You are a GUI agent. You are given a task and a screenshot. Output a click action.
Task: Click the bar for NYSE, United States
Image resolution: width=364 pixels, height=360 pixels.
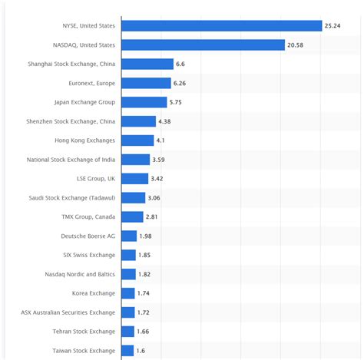(221, 26)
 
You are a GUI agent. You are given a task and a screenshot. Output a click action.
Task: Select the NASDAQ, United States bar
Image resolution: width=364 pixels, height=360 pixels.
(203, 45)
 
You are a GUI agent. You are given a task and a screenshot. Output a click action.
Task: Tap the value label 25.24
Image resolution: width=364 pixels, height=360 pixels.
(333, 26)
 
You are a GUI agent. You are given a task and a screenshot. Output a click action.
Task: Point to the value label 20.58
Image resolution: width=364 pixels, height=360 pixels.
(296, 45)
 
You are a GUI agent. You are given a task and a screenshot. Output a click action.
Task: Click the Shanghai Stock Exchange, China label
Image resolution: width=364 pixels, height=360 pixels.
(71, 64)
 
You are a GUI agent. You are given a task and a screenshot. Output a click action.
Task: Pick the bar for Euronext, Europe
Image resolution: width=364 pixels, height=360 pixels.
(146, 83)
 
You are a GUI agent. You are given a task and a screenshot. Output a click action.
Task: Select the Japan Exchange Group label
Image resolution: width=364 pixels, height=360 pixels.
(84, 102)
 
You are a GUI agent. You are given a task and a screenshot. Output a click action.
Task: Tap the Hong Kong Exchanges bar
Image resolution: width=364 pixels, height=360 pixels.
(137, 140)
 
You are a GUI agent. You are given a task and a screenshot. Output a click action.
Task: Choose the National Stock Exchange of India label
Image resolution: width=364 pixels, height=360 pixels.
(71, 160)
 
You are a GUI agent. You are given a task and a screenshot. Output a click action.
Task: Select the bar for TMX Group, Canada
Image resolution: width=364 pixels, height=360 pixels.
(132, 216)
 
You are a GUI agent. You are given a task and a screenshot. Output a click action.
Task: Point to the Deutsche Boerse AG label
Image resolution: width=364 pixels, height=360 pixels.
(88, 236)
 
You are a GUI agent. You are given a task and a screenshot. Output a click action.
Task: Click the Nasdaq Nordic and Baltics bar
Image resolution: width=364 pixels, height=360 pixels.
(128, 274)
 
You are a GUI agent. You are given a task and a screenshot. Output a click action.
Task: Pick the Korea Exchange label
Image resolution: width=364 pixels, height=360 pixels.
(94, 293)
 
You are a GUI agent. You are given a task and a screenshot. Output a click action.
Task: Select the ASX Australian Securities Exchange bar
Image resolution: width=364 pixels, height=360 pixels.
(128, 312)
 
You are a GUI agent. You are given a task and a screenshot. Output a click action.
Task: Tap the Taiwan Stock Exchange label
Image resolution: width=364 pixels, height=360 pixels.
(85, 350)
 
